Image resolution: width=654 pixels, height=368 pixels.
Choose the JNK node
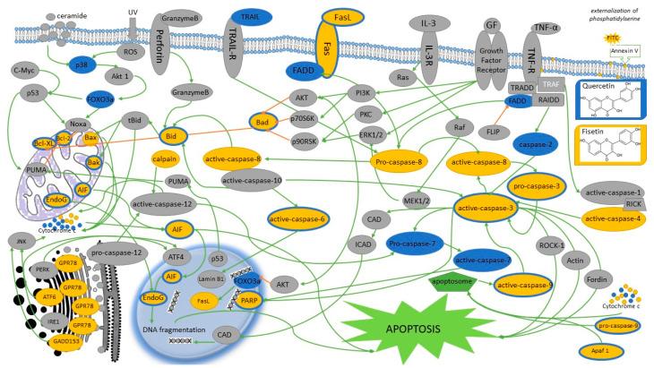[14, 265]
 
